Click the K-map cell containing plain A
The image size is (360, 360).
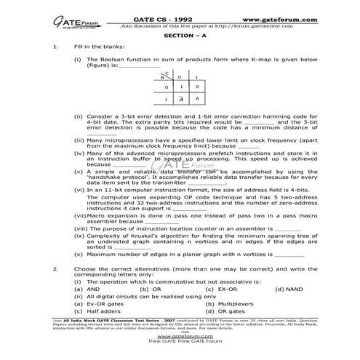(196, 99)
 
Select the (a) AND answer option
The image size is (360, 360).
(89, 289)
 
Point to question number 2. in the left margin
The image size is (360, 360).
(56, 268)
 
